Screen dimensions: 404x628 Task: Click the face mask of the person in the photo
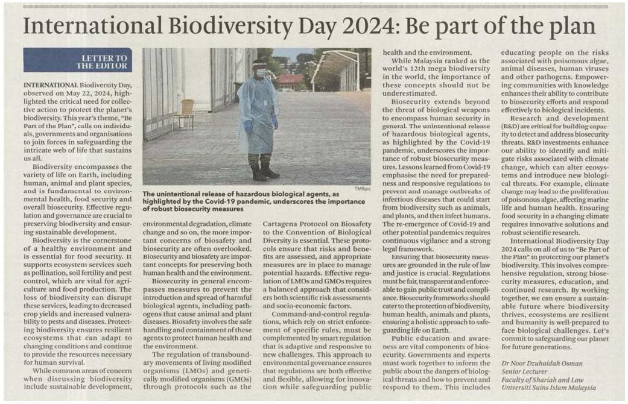[x=261, y=74]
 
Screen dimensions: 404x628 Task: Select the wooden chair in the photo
[x=185, y=113]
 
